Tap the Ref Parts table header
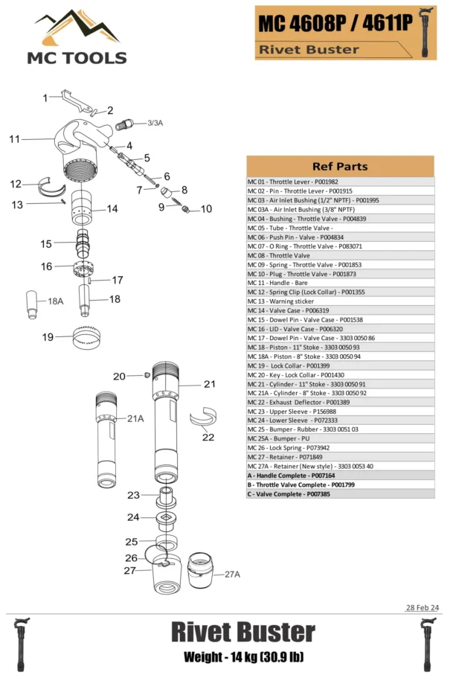tap(340, 166)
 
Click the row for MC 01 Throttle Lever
tap(340, 182)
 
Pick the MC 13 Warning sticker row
tap(340, 301)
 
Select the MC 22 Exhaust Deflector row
tap(340, 402)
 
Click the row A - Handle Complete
tap(340, 475)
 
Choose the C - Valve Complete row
tap(340, 493)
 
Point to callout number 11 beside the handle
tap(14, 139)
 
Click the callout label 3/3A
tap(155, 123)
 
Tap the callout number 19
tap(48, 337)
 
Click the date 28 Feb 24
tap(422, 608)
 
